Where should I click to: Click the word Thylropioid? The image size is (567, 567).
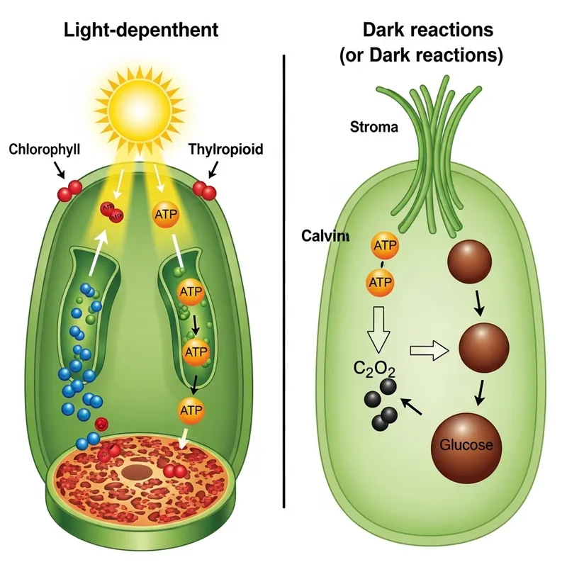[226, 150]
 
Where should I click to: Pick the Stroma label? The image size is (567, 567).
[374, 128]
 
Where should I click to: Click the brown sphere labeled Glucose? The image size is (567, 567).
[467, 444]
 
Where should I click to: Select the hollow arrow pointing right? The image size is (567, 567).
[430, 349]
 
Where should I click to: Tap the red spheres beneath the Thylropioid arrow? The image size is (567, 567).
[205, 189]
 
